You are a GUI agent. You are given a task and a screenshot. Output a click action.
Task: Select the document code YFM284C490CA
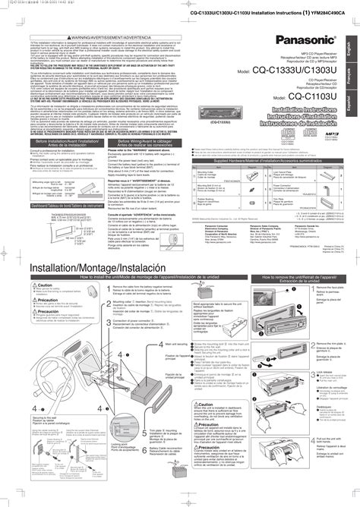(x=327, y=11)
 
